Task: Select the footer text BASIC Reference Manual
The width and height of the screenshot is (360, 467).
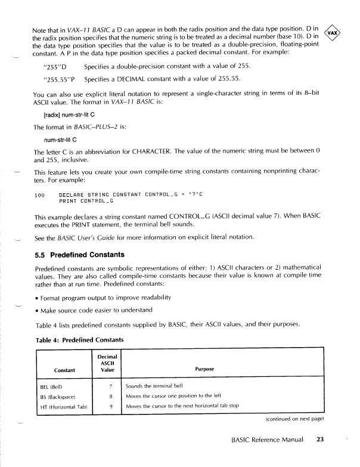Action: tap(265, 440)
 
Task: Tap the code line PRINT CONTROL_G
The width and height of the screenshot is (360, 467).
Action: tap(86, 200)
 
